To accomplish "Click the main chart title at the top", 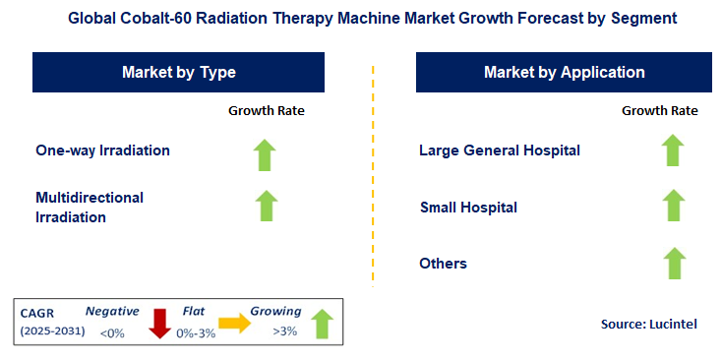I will coord(360,19).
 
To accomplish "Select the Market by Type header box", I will coord(179,73).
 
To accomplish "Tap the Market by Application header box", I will coord(564,73).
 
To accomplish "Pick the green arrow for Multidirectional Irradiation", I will coord(267,206).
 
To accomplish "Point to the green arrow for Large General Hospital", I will coord(673,150).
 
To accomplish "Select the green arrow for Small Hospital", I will coord(673,206).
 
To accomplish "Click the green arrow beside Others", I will coord(673,264).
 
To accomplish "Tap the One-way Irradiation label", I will coord(102,150).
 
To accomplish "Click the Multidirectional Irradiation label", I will coord(89,207).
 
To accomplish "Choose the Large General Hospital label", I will coord(499,150).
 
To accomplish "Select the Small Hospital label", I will coord(468,208).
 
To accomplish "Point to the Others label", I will coord(443,264).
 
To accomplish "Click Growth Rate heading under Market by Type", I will coord(267,111).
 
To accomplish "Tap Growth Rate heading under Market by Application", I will coord(660,111).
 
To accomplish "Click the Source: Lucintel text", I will coord(648,324).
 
